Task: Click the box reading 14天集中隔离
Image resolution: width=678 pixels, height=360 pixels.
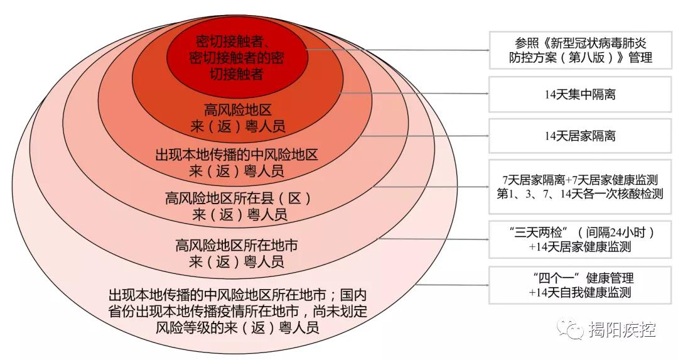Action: (x=579, y=95)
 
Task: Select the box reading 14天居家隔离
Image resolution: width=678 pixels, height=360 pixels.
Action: (x=579, y=135)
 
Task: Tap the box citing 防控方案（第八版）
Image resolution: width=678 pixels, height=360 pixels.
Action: (x=579, y=50)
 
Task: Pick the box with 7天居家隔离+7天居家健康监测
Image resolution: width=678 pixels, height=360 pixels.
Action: (x=579, y=187)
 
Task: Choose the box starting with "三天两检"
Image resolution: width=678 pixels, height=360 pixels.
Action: (x=579, y=239)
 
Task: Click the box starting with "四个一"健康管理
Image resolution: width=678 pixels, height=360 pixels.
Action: (x=579, y=285)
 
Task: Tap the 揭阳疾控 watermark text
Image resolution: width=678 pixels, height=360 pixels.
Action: (x=621, y=329)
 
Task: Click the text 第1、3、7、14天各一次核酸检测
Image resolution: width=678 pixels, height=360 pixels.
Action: (x=579, y=194)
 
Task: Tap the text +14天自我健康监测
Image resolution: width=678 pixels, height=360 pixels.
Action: (x=579, y=292)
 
